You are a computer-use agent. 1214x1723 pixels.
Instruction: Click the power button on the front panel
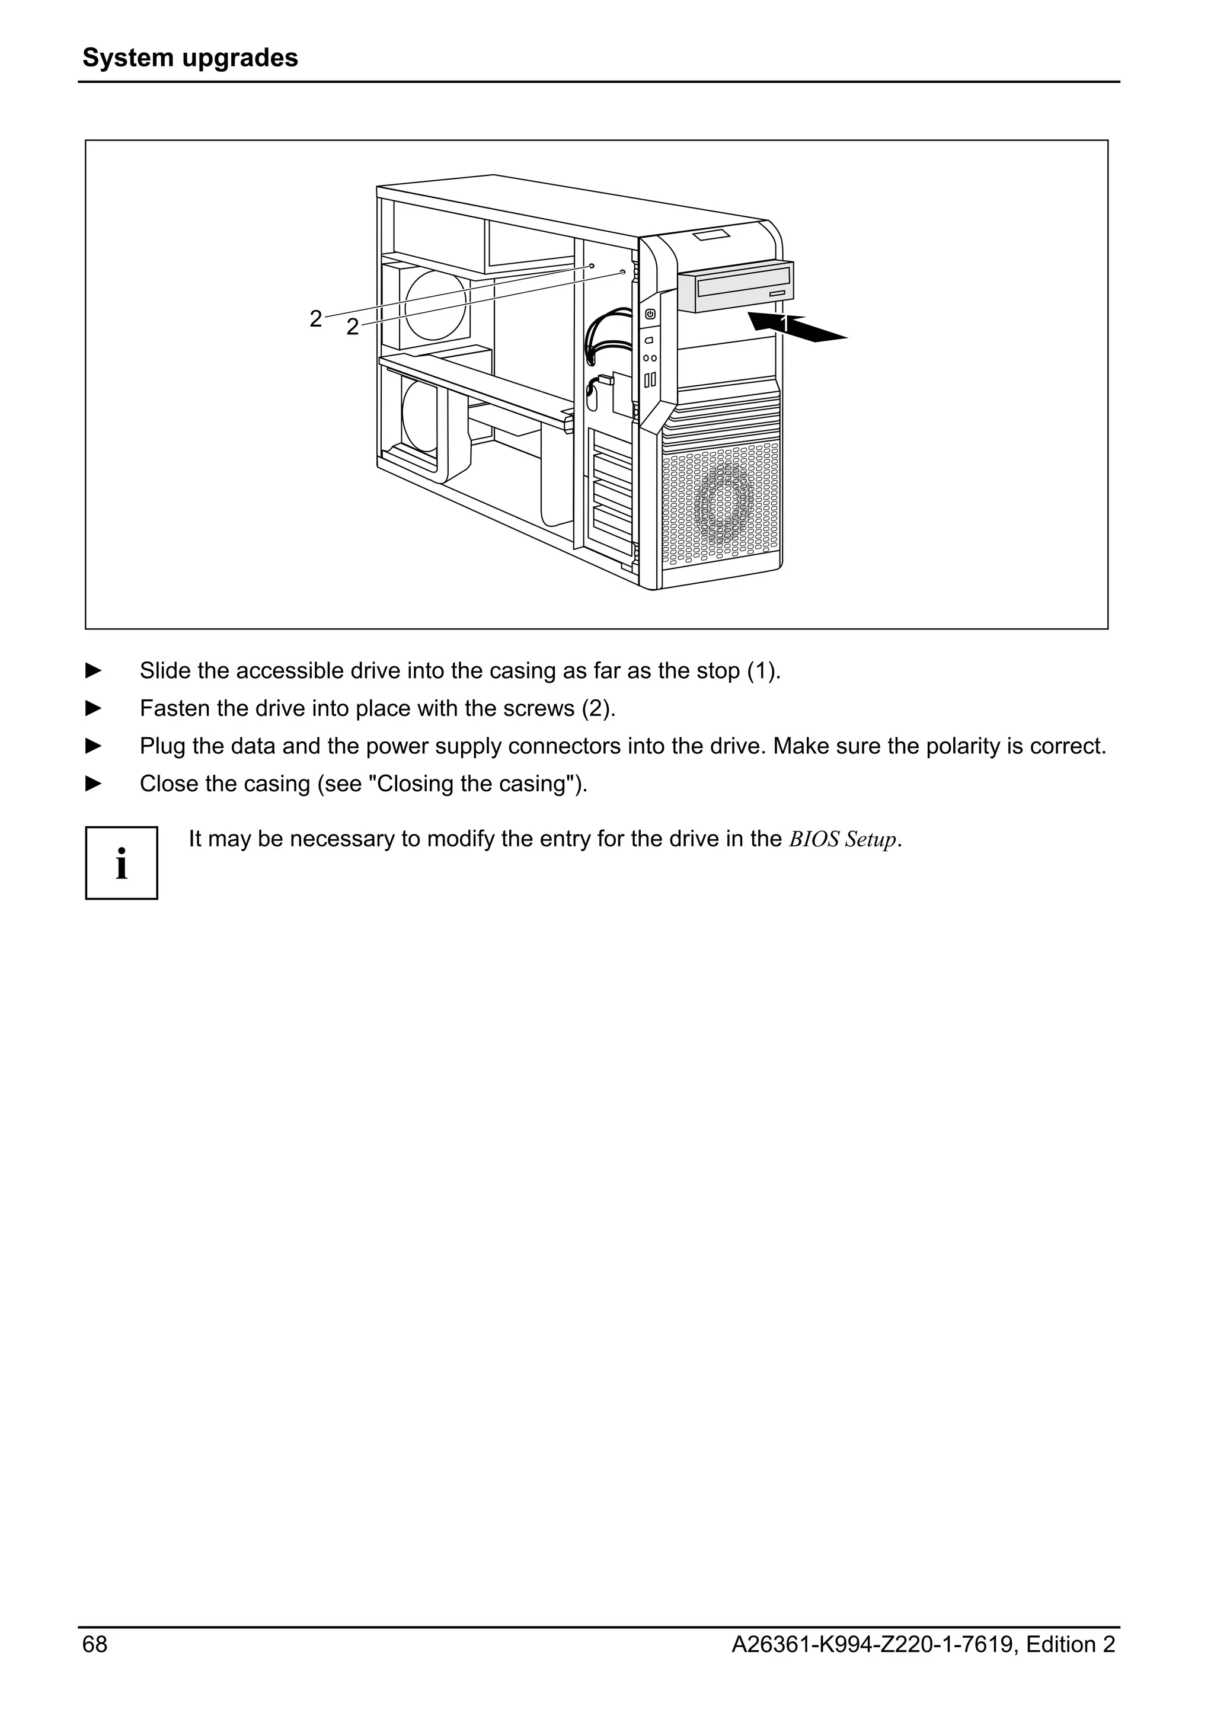(650, 314)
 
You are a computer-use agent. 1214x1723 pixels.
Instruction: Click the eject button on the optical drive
(777, 292)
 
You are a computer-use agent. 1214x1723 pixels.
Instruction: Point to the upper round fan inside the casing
(435, 305)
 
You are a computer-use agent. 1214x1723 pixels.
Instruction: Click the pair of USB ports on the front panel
(650, 379)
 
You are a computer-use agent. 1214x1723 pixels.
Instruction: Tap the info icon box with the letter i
(122, 863)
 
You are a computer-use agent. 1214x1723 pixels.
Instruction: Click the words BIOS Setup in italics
(842, 839)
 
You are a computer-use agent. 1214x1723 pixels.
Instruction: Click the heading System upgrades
(190, 57)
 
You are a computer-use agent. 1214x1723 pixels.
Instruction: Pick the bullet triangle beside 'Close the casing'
(94, 784)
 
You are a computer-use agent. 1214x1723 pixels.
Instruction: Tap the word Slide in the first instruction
(165, 670)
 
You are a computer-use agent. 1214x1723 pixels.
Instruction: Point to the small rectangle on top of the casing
(711, 236)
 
